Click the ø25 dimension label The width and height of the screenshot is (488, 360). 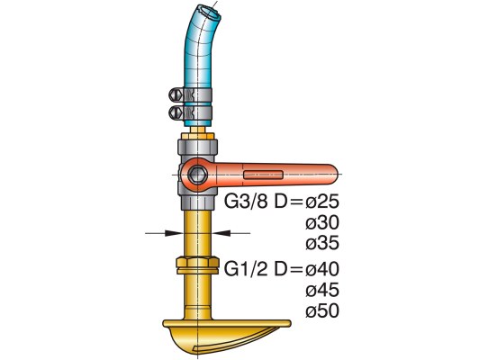pyautogui.click(x=321, y=202)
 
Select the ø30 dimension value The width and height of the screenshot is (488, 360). pyautogui.click(x=321, y=223)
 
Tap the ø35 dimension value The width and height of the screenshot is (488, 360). pyautogui.click(x=321, y=243)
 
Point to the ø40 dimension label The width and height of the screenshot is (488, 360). pyautogui.click(x=321, y=269)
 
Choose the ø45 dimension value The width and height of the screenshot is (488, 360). pyautogui.click(x=321, y=290)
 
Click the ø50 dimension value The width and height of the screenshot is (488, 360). pyautogui.click(x=321, y=310)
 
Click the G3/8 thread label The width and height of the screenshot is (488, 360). pyautogui.click(x=246, y=202)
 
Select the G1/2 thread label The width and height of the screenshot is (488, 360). pyautogui.click(x=246, y=269)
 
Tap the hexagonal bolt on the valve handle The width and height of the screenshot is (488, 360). pyautogui.click(x=198, y=175)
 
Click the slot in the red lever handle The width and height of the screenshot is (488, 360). pyautogui.click(x=263, y=175)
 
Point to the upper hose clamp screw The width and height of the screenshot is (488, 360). pyautogui.click(x=176, y=94)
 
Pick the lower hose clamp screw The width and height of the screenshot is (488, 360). pyautogui.click(x=176, y=112)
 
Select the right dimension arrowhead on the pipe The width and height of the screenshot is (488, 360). pyautogui.click(x=221, y=232)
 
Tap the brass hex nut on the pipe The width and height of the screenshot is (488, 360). pyautogui.click(x=198, y=265)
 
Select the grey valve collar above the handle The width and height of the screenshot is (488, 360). pyautogui.click(x=197, y=147)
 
